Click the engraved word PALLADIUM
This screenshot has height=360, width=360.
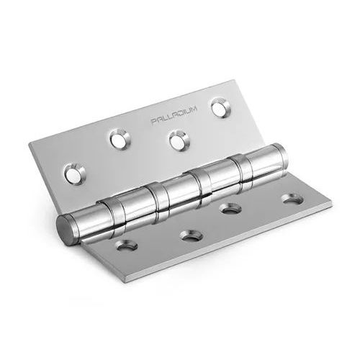[174, 115]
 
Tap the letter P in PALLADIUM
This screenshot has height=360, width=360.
[153, 122]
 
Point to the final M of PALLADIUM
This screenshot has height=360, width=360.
[194, 109]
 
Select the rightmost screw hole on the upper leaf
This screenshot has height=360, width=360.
[220, 108]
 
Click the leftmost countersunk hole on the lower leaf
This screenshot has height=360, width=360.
[126, 245]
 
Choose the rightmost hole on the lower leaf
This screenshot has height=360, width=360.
[292, 199]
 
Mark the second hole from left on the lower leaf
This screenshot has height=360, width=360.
[192, 235]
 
